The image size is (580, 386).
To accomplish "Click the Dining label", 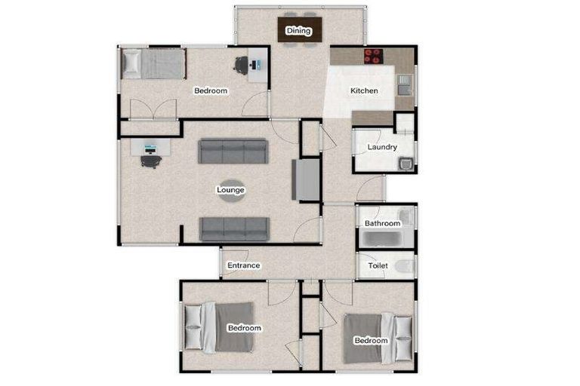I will (298, 31).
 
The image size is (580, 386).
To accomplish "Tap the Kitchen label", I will (364, 91).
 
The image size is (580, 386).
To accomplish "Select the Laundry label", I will (382, 147).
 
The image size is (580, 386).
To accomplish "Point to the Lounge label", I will (230, 190).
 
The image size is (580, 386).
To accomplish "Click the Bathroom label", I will (382, 224).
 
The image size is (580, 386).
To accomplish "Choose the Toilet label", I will (378, 266).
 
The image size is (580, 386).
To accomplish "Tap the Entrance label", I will (244, 265).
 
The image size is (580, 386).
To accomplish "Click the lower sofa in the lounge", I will (233, 228).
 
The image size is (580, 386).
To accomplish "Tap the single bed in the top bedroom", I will (153, 63).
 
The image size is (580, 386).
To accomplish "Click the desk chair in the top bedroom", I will (242, 66).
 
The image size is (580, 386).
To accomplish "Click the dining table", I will (299, 31).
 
